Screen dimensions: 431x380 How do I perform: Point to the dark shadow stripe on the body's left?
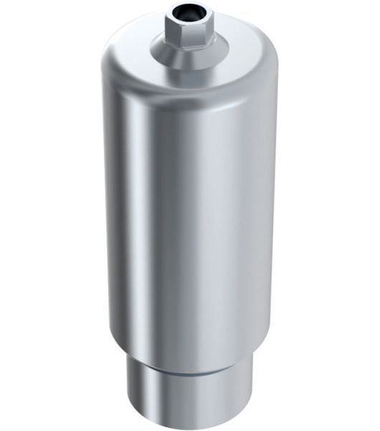point(118,215)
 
